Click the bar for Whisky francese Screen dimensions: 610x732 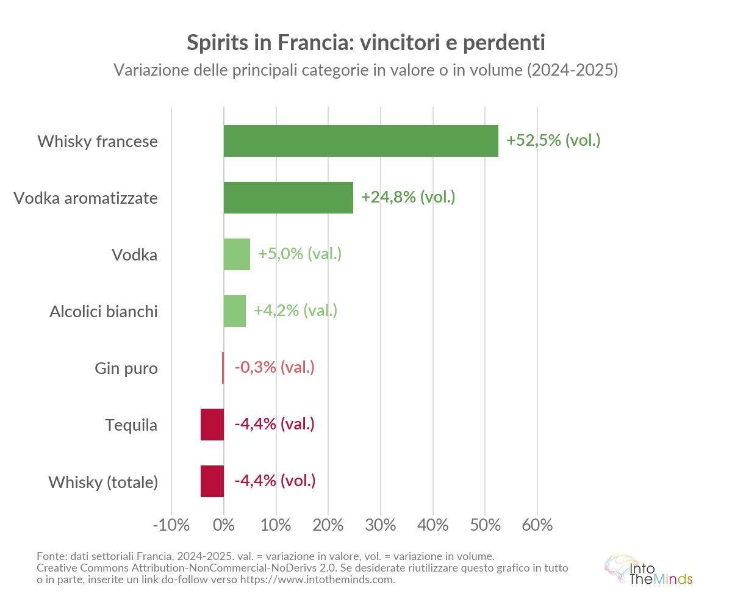(x=361, y=141)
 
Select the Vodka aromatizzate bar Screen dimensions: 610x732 (x=288, y=198)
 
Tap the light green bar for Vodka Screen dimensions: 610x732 (x=237, y=254)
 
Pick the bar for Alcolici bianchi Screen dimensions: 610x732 (x=234, y=311)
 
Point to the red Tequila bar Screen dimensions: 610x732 (x=212, y=425)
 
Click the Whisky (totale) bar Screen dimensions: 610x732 (x=212, y=481)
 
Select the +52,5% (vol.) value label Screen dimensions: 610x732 (x=553, y=141)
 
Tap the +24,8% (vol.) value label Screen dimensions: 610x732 (x=408, y=198)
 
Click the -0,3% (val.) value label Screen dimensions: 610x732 (x=274, y=368)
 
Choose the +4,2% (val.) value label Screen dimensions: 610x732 (x=295, y=311)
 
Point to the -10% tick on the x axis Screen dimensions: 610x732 (x=171, y=525)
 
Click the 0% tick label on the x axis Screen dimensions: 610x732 (x=224, y=525)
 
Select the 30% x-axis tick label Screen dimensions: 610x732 (x=381, y=525)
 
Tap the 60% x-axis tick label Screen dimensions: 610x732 (x=537, y=525)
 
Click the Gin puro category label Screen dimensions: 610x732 (x=126, y=368)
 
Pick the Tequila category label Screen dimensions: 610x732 (x=131, y=425)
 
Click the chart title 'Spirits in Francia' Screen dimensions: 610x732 (x=365, y=43)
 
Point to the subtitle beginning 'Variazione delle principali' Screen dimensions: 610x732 (x=365, y=70)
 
